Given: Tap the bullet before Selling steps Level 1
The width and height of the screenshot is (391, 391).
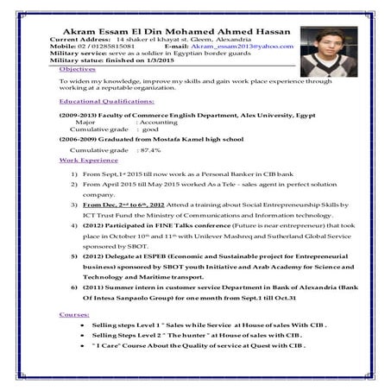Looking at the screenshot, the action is coord(80,331).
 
